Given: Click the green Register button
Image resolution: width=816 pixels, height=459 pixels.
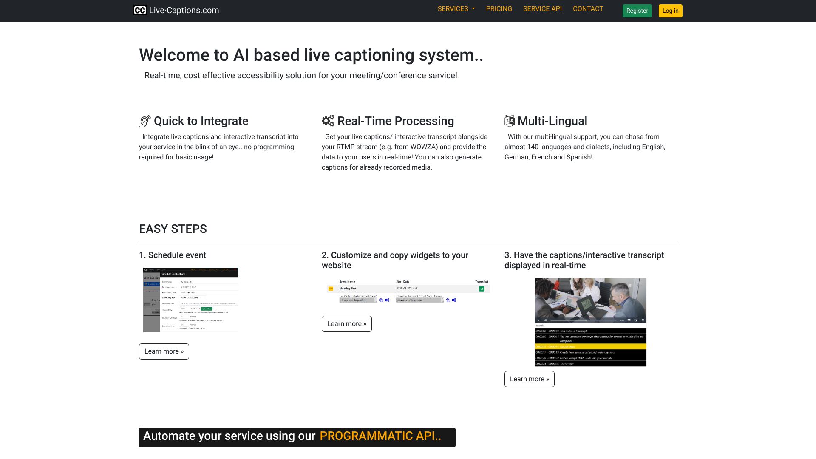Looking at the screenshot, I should [x=637, y=11].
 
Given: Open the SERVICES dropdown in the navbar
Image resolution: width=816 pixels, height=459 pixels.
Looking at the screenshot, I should [x=456, y=9].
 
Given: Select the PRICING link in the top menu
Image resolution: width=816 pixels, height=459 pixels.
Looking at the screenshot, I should [x=499, y=9].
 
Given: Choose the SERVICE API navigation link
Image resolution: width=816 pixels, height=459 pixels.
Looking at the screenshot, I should [x=542, y=9].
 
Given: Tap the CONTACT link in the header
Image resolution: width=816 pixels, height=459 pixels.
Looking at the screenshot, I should [x=588, y=9].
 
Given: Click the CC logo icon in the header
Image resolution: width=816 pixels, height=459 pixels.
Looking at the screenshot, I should [x=140, y=10].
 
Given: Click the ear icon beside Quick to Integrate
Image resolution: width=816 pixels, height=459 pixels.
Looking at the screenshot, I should [x=145, y=121].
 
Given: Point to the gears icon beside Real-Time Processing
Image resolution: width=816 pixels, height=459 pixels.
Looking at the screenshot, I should [x=328, y=121].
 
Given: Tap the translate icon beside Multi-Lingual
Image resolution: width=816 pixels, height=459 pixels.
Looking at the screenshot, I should [x=509, y=121].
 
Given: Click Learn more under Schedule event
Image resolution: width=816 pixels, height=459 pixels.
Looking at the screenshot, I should [x=164, y=351].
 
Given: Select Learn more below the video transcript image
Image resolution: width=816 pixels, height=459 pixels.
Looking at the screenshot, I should [x=529, y=379].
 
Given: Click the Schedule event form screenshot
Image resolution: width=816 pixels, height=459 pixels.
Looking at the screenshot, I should [x=191, y=300].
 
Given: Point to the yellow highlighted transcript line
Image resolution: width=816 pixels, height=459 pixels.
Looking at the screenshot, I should [x=590, y=347].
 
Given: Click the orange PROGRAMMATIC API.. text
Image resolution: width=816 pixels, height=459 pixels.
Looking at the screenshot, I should [x=380, y=436].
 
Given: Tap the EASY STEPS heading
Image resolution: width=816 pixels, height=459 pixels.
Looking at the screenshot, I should [x=173, y=229].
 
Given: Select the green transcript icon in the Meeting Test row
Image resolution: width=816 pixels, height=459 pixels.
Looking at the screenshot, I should [x=482, y=289].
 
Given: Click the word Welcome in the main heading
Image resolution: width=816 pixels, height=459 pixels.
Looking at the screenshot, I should [x=174, y=55].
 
